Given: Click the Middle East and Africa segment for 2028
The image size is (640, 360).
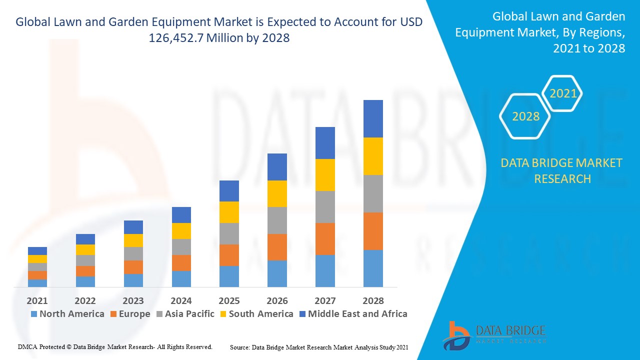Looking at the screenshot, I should coord(373,118).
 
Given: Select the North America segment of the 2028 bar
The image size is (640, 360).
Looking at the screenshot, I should coord(373,268).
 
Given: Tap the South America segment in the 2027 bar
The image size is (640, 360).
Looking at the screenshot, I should coord(325,174).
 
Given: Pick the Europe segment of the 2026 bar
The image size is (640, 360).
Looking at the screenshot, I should coord(277,247).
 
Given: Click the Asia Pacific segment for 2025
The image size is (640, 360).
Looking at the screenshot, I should coord(229,233).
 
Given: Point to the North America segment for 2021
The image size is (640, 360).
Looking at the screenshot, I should coord(37,283).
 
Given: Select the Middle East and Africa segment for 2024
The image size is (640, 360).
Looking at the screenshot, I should coord(181,215).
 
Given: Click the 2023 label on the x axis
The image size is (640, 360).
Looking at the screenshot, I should coord(133,300).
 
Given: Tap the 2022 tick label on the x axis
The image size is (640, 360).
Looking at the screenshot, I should coord(85,300).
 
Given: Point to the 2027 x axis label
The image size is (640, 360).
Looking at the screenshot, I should coord(325,300).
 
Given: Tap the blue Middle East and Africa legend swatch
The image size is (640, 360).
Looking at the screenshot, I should coord(301,314).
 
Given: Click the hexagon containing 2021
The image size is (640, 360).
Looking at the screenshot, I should coord(562,93).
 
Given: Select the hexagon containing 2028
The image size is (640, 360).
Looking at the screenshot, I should coord(525,116).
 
